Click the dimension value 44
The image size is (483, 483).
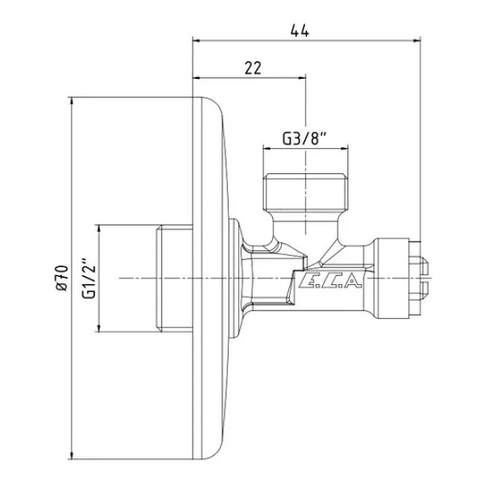point(299,31)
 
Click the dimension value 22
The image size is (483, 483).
point(253,68)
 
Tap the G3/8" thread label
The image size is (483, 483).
point(304,138)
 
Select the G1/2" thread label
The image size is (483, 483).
point(89,278)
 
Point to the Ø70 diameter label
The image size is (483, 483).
point(62,278)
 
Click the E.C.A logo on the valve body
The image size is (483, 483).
point(329,280)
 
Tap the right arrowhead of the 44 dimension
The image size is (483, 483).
point(417,40)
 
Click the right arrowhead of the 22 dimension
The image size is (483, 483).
point(302,78)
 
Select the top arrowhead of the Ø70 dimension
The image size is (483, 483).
point(72,101)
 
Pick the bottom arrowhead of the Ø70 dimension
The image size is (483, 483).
point(72,455)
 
